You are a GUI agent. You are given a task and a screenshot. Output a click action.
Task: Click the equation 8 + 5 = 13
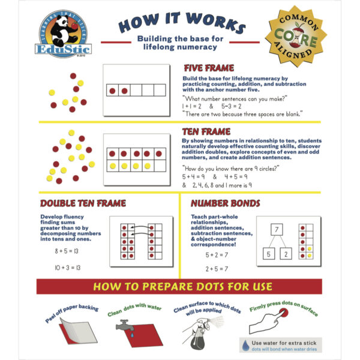(x=67, y=249)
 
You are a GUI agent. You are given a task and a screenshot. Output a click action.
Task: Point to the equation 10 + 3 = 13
(x=68, y=267)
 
